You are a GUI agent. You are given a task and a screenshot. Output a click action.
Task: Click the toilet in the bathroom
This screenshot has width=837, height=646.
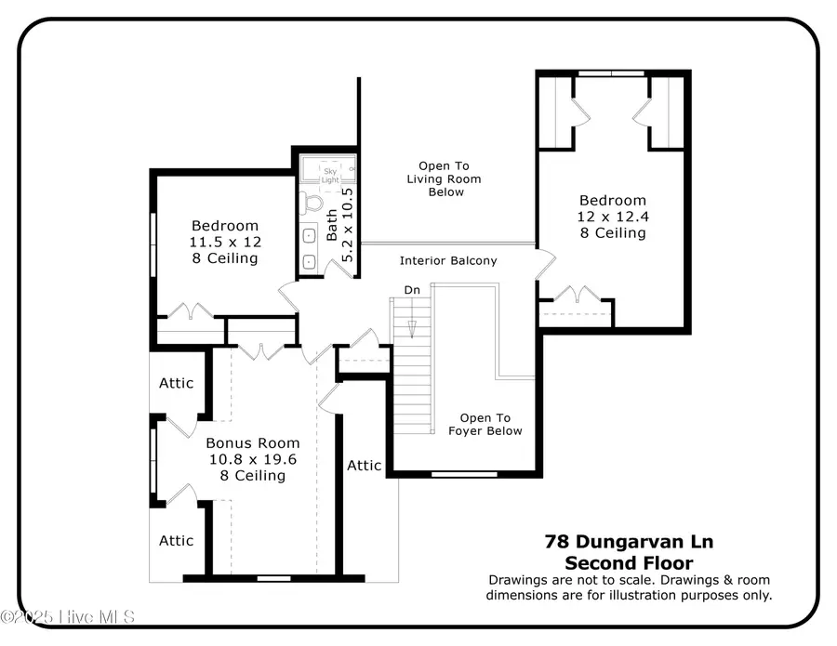313,202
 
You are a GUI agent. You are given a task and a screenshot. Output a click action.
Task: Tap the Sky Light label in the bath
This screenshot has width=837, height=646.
330,172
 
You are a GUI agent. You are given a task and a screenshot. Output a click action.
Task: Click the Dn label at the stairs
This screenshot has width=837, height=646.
412,290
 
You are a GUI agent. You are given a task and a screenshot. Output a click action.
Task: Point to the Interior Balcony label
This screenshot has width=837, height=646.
448,261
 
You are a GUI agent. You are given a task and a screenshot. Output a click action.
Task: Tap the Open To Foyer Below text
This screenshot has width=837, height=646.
485,424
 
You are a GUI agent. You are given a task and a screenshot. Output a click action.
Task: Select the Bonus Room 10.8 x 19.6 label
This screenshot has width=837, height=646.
240,459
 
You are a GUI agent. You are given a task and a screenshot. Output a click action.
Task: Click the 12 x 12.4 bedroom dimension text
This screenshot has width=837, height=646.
612,217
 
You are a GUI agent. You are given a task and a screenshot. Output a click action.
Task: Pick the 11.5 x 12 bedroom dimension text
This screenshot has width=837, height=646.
225,242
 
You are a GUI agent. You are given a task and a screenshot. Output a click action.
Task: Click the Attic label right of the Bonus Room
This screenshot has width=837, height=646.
364,465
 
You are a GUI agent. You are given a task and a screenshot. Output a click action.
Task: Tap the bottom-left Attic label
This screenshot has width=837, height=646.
176,540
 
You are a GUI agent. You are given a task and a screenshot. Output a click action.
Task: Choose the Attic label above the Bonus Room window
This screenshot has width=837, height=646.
176,383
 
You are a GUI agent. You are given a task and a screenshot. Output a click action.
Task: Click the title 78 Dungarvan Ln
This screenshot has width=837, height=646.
629,541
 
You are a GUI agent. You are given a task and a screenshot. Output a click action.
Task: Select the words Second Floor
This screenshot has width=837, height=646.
629,562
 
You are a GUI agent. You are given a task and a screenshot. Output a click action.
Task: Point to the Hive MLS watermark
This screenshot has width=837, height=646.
69,617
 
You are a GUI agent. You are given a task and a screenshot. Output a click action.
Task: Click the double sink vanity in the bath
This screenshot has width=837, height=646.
310,248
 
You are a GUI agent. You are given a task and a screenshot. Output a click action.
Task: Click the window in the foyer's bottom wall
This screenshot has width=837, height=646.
464,475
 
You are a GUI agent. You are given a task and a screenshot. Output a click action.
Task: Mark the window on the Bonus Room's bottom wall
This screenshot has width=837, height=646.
272,578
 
